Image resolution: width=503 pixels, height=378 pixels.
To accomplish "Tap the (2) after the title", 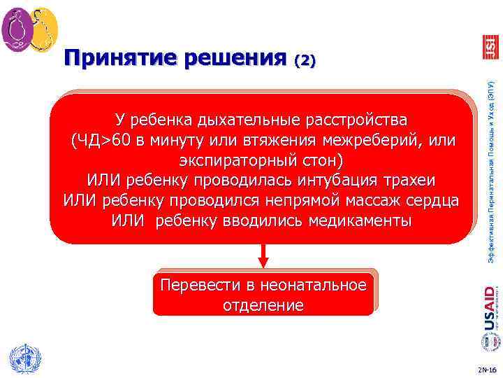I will point(305,61).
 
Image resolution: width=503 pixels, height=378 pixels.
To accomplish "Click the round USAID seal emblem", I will point(490,342).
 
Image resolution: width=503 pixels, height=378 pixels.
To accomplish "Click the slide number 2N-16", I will point(486,368).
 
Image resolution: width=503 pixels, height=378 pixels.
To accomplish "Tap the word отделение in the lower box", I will point(263,305).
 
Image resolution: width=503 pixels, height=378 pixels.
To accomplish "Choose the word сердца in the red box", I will point(430,201).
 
